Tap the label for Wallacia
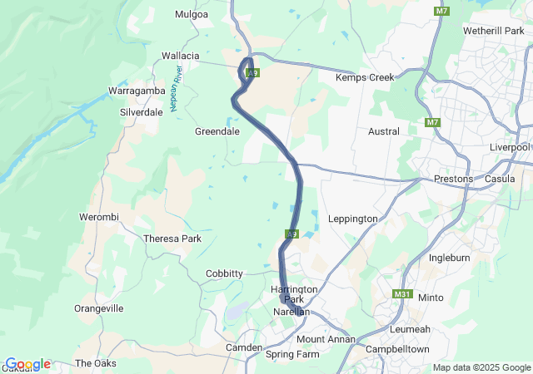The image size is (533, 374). pos(181,56)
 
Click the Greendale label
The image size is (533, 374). pos(217,131)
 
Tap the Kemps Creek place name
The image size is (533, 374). pos(363,77)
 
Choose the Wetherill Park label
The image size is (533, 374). pos(497,31)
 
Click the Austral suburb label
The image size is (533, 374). pos(383,131)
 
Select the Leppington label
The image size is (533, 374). pos(354,219)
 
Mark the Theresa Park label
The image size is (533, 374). pos(172,239)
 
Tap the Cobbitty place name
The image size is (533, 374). pos(224,273)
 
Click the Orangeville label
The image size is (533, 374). pos(99,308)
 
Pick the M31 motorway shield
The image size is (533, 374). pos(403,294)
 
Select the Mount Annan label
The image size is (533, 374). pos(326,339)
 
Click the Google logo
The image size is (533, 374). pos(27,364)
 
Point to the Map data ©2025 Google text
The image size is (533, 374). pos(481,367)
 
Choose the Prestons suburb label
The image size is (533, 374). pos(454,179)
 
